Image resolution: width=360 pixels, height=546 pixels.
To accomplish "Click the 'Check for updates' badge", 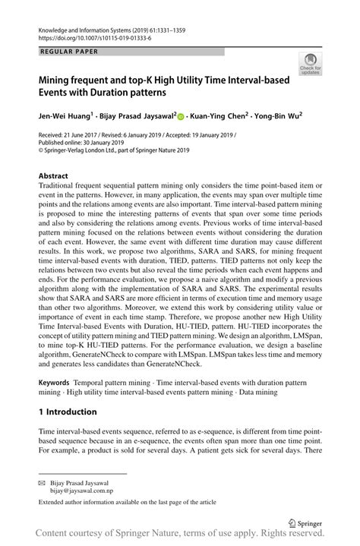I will pos(310,64).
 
